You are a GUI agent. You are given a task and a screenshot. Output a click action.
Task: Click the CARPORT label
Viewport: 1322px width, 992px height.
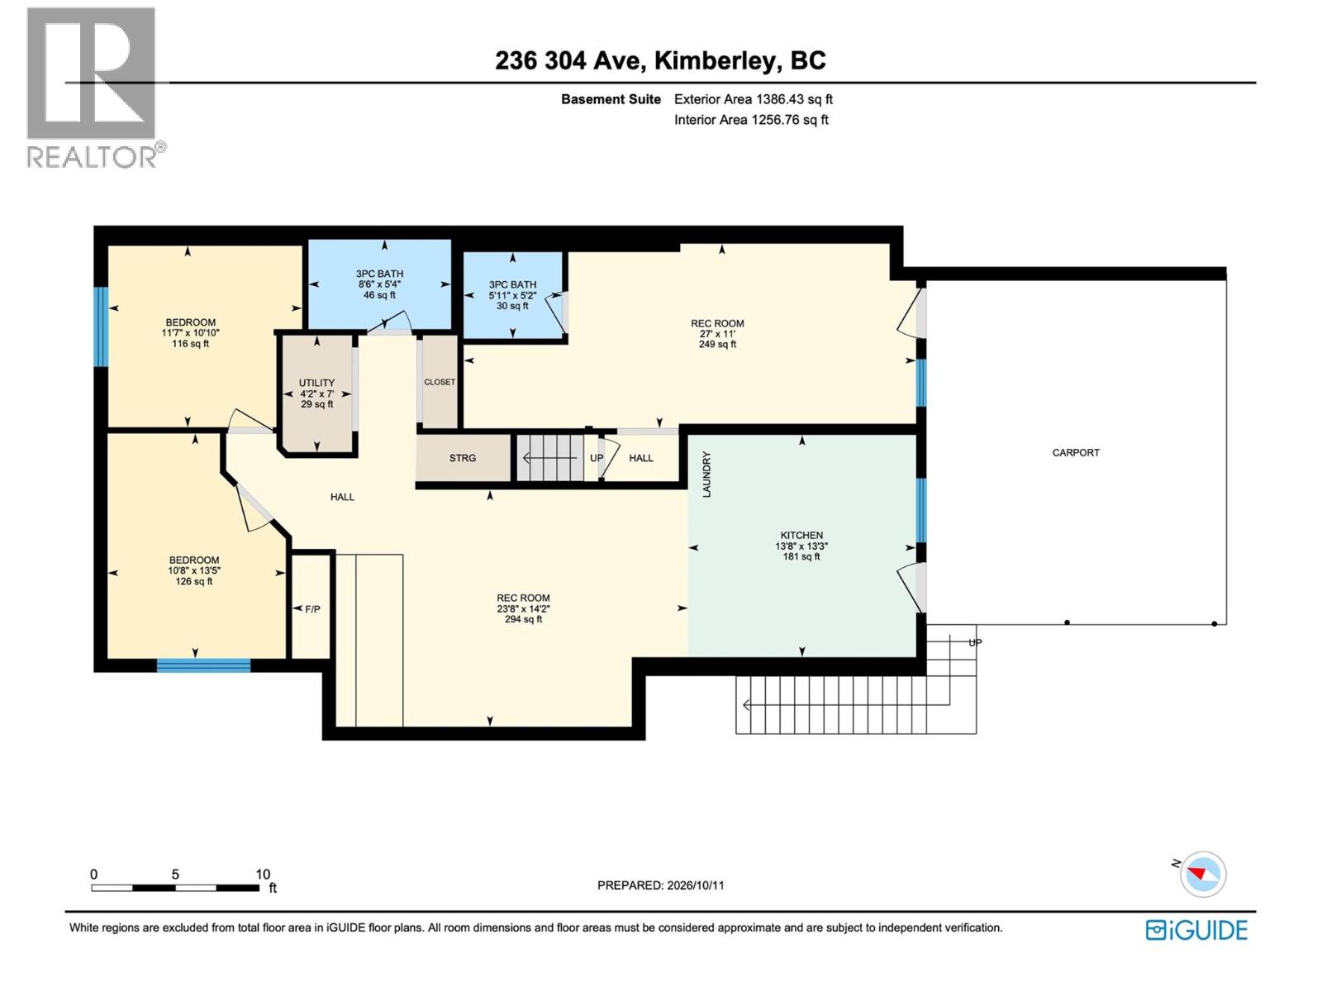click(x=1075, y=452)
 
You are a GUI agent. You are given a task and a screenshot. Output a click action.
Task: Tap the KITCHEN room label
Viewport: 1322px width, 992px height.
click(x=801, y=535)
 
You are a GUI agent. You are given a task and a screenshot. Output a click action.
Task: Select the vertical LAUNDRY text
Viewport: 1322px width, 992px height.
click(x=706, y=475)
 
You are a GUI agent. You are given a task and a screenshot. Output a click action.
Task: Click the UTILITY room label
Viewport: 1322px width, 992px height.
click(x=316, y=383)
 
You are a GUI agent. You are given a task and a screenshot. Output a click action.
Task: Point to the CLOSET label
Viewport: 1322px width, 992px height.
click(x=440, y=382)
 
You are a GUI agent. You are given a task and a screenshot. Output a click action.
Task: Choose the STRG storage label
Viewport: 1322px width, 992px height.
click(x=463, y=458)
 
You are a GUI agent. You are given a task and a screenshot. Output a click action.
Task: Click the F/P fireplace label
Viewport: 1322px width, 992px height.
click(x=312, y=609)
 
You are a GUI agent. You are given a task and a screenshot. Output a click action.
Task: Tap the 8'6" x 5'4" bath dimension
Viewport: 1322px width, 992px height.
click(x=379, y=284)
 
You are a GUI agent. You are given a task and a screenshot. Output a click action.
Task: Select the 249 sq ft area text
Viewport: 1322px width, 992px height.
click(x=717, y=344)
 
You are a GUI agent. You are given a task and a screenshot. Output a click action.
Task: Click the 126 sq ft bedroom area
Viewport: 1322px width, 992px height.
click(x=194, y=581)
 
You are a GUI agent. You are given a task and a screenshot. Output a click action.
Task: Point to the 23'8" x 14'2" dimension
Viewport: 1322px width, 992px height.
click(x=523, y=608)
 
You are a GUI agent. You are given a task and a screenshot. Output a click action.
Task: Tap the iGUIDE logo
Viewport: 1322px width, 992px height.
click(x=1196, y=930)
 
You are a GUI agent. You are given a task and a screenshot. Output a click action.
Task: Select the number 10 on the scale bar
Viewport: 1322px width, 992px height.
click(x=263, y=874)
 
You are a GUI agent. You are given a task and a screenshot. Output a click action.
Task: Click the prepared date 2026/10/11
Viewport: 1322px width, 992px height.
click(x=695, y=885)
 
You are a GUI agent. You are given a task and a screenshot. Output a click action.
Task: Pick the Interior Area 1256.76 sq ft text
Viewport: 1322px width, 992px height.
click(x=751, y=120)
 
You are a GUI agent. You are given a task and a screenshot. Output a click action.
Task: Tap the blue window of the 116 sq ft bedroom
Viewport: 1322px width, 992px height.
click(x=101, y=327)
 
